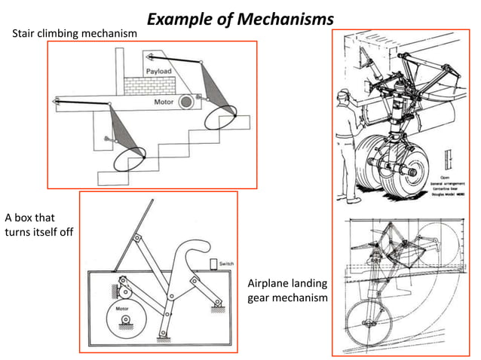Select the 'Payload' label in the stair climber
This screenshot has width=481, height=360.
[x=158, y=71]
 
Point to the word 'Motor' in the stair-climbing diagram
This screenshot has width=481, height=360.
[x=164, y=101]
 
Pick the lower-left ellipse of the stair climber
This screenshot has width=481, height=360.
[x=128, y=159]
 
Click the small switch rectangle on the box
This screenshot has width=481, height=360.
[x=213, y=264]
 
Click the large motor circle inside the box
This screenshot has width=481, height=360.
[x=125, y=322]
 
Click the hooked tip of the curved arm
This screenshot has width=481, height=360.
[x=200, y=244]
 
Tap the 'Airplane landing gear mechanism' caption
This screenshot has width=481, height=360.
[x=287, y=290]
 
